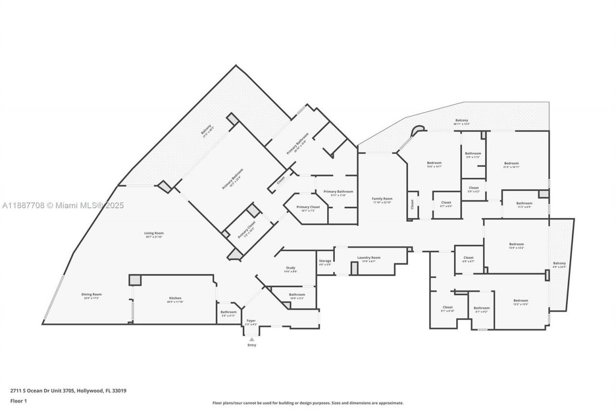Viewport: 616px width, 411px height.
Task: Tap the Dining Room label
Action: point(91,294)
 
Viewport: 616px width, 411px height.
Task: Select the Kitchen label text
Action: point(175,298)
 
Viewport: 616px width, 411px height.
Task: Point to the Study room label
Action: point(291,268)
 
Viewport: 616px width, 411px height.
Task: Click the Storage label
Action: point(325,261)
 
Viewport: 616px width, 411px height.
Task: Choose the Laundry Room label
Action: point(369,258)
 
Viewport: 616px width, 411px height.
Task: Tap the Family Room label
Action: point(382,199)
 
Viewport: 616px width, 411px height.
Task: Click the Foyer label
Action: point(251,320)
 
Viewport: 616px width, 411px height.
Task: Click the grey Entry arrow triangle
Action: point(252,339)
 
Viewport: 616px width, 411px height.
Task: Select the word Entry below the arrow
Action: point(252,345)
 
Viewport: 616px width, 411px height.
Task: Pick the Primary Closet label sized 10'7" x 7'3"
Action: point(308,207)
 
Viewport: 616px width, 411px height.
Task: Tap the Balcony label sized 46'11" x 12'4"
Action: point(462,120)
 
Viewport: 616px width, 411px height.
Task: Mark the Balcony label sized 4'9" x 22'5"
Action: point(559,263)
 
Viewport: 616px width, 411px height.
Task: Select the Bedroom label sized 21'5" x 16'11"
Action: point(511,163)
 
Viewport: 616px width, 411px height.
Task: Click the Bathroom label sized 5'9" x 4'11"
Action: point(229,312)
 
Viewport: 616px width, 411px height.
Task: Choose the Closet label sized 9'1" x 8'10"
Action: point(448,307)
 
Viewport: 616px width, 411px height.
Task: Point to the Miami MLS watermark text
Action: point(63,205)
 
